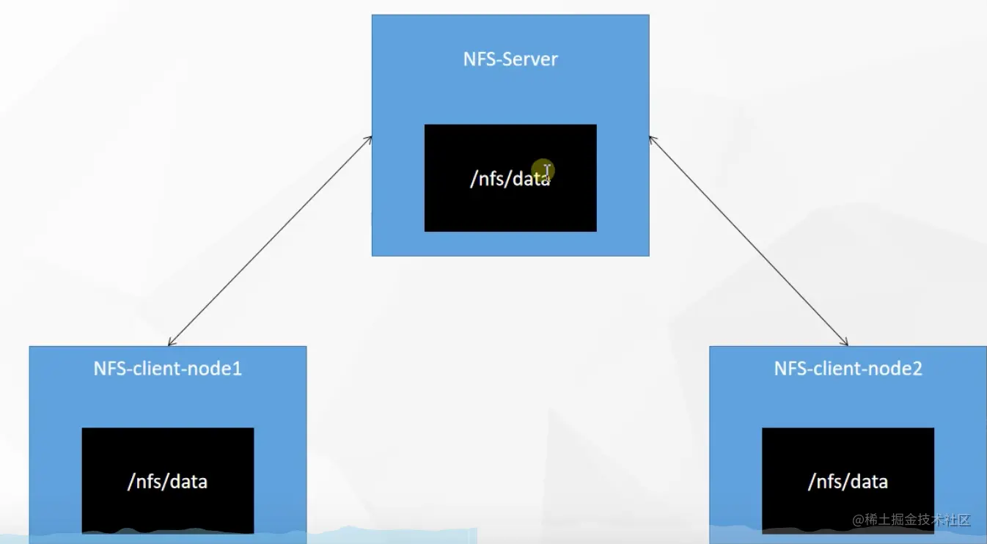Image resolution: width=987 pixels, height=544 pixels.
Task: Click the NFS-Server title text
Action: [x=510, y=59]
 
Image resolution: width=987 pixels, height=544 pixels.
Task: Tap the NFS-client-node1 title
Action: [x=167, y=368]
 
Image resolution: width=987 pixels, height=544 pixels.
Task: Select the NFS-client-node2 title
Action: [x=848, y=368]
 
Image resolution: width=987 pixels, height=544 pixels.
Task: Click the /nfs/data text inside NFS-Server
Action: [x=509, y=178]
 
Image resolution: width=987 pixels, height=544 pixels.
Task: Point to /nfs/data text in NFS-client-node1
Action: [x=167, y=482]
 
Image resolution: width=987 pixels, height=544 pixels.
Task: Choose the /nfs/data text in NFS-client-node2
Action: [x=848, y=482]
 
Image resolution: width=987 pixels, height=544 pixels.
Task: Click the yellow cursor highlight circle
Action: [x=543, y=171]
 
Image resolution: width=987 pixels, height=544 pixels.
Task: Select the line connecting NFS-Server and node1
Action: [x=270, y=240]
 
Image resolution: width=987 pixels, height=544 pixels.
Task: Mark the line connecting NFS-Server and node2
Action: [x=748, y=240]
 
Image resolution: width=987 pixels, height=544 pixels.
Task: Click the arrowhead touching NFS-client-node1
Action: [x=171, y=342]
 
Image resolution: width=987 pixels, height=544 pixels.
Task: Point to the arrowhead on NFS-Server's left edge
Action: [x=369, y=139]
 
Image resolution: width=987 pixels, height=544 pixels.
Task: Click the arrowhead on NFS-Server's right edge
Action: [x=652, y=139]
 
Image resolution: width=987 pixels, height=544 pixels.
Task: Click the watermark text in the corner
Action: [x=911, y=520]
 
